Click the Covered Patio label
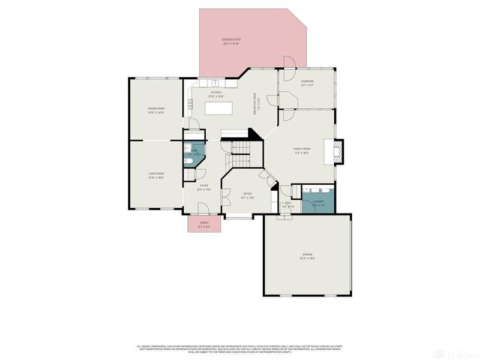pyautogui.click(x=230, y=40)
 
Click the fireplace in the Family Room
pyautogui.click(x=338, y=151)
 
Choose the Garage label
pyautogui.click(x=307, y=254)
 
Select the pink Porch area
pyautogui.click(x=204, y=224)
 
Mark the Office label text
pyautogui.click(x=247, y=194)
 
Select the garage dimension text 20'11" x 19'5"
pyautogui.click(x=307, y=259)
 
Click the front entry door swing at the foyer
pyautogui.click(x=204, y=207)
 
